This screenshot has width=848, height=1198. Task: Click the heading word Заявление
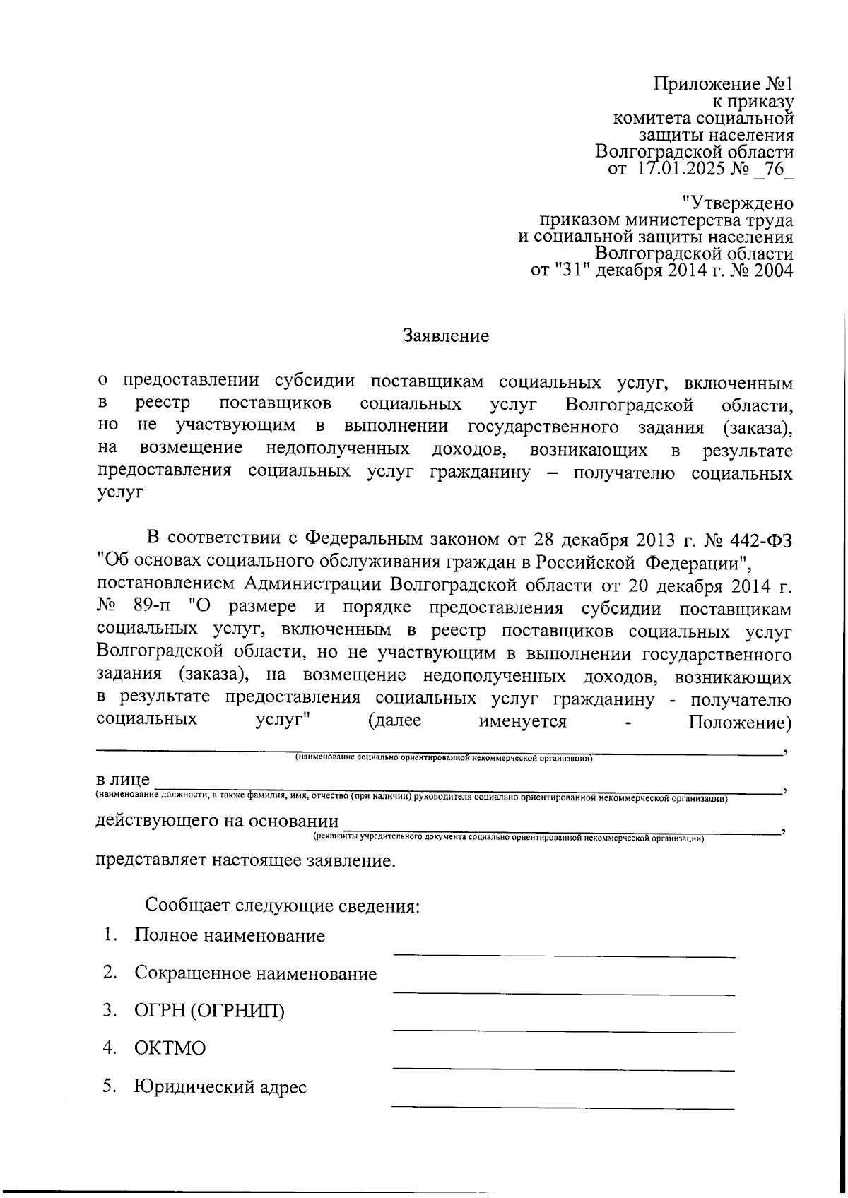click(446, 336)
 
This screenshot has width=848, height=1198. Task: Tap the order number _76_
click(772, 170)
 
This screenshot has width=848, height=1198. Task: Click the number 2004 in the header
click(770, 271)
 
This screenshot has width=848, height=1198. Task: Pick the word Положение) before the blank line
click(739, 722)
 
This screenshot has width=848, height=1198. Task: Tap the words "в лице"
click(123, 779)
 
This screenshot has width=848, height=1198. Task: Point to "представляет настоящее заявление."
click(246, 861)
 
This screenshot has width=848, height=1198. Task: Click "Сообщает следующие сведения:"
click(283, 906)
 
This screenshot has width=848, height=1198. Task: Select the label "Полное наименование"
click(230, 937)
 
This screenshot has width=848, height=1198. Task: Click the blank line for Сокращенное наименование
click(563, 993)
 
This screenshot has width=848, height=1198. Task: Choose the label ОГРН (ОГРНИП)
click(209, 1012)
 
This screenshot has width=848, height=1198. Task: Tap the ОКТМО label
click(170, 1049)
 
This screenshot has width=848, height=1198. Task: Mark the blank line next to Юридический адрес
click(563, 1106)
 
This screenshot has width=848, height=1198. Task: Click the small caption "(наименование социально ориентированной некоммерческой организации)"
click(443, 759)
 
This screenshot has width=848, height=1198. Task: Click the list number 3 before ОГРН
click(108, 1012)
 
